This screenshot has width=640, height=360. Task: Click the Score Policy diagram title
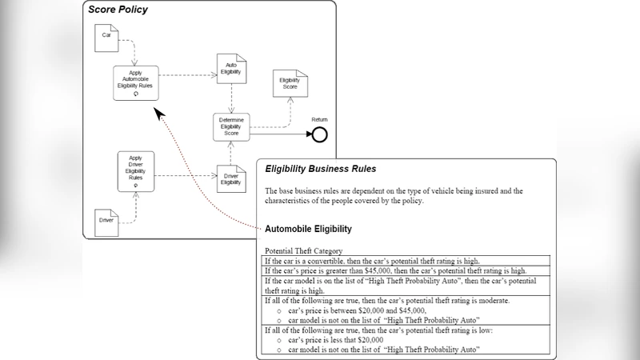(x=118, y=10)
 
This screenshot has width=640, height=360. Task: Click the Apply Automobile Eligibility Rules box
(x=135, y=82)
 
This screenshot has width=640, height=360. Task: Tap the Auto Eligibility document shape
(x=230, y=70)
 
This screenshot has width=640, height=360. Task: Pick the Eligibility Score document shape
(x=289, y=83)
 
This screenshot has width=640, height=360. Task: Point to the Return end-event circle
(x=319, y=134)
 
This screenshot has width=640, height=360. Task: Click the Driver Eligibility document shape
(x=230, y=178)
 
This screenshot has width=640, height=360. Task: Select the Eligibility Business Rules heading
(x=320, y=170)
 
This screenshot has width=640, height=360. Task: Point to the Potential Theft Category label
(x=303, y=251)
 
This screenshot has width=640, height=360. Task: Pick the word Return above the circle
(x=319, y=119)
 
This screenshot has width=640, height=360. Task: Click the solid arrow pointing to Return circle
(x=280, y=134)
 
